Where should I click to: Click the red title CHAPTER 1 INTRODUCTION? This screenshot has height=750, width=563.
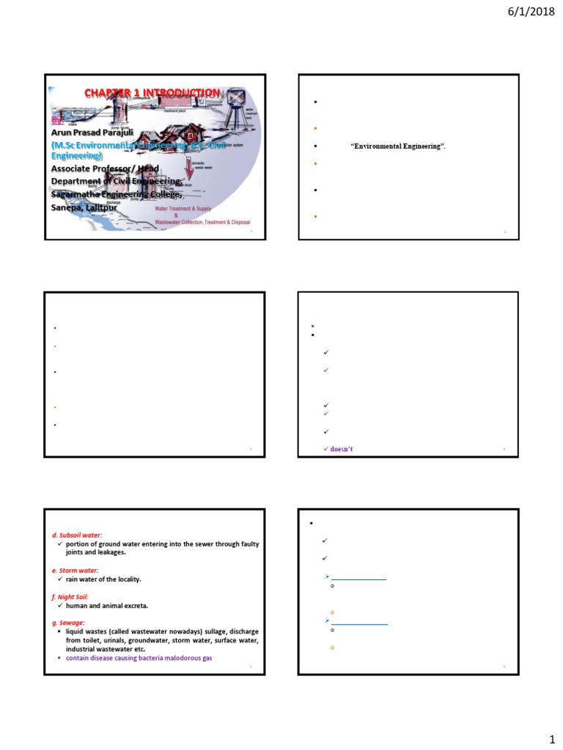click(151, 93)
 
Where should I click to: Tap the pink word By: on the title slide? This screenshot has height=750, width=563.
click(57, 119)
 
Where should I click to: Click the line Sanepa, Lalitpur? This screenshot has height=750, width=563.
click(84, 207)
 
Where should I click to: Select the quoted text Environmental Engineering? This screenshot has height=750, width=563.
click(399, 146)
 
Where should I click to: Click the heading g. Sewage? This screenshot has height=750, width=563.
click(68, 622)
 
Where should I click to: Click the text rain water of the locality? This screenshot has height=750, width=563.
click(108, 579)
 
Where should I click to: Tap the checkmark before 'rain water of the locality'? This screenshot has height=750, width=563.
click(59, 579)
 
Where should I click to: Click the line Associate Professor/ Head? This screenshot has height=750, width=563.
click(105, 168)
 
